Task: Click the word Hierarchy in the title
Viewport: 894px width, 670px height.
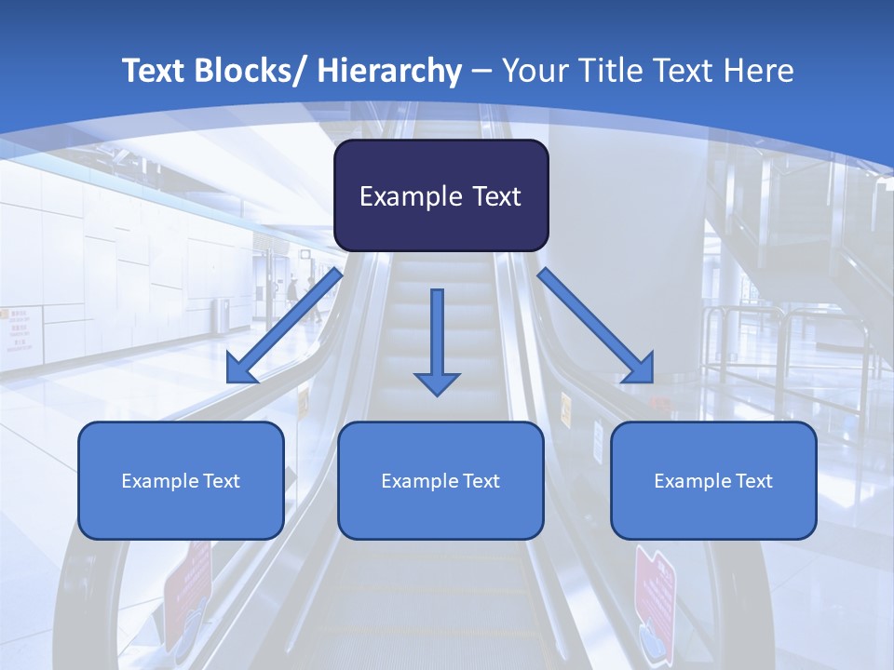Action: (389, 71)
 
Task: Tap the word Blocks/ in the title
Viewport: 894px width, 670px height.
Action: (251, 71)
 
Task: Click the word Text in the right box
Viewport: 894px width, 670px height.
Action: (752, 481)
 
